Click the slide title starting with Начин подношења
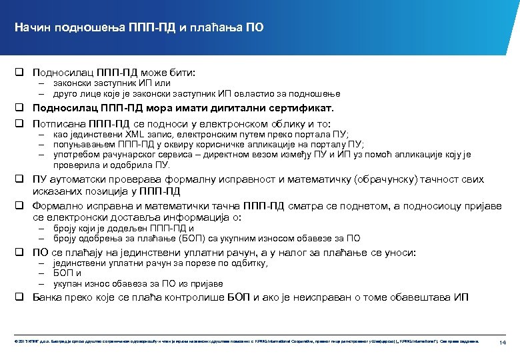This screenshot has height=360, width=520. (x=139, y=27)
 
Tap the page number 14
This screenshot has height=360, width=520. (x=504, y=342)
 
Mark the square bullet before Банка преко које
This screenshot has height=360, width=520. (x=21, y=297)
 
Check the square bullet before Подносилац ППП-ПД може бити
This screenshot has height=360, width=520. (x=21, y=70)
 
